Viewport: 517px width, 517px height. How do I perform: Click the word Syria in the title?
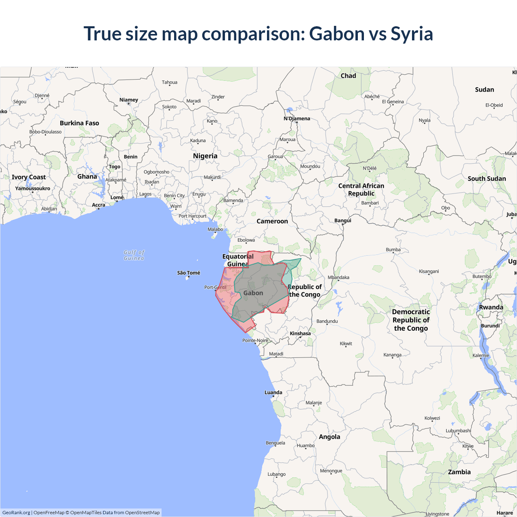[x=412, y=34]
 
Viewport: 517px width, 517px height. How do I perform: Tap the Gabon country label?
[x=253, y=293]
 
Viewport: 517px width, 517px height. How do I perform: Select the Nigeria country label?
[x=205, y=156]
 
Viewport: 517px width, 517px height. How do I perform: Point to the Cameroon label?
[x=272, y=221]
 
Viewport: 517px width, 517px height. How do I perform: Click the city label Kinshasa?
[x=300, y=334]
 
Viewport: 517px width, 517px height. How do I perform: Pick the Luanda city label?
[x=273, y=393]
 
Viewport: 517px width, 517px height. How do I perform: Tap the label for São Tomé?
[x=189, y=273]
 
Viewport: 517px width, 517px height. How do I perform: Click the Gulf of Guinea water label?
[x=134, y=255]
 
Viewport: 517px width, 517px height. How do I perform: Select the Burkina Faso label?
[x=80, y=123]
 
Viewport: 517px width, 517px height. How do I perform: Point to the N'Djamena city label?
[x=297, y=119]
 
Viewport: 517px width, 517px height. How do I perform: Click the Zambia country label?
[x=459, y=472]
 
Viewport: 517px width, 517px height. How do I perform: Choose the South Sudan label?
[x=487, y=179]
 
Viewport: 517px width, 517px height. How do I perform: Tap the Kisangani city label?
[x=429, y=271]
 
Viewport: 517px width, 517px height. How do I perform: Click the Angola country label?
[x=330, y=437]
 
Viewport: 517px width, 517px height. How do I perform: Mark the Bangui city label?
[x=343, y=221]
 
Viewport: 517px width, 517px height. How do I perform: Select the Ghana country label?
[x=87, y=177]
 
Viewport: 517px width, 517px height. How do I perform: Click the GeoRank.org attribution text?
[x=16, y=513]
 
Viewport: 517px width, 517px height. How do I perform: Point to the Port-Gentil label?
[x=215, y=288]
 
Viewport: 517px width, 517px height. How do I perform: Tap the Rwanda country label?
[x=491, y=307]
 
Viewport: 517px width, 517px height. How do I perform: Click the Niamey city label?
[x=129, y=100]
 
